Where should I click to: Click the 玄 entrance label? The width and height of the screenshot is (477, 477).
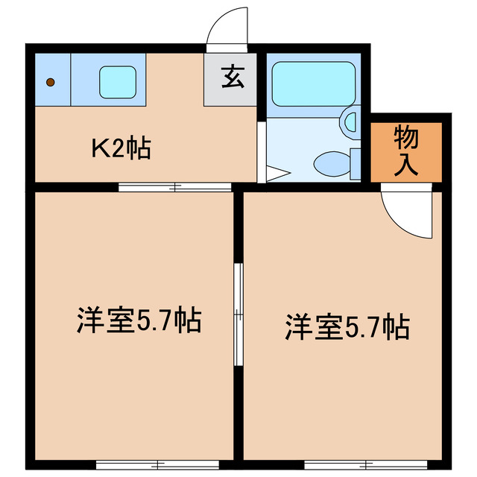pos(231,78)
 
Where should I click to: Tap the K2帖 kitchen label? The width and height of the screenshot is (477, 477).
pos(121,148)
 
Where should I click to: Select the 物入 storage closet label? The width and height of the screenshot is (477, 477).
pos(406,151)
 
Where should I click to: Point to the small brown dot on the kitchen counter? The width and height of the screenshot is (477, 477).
pos(50,82)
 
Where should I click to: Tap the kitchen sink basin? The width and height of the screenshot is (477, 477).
pos(117,80)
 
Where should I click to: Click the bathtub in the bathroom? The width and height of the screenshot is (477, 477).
pos(313,83)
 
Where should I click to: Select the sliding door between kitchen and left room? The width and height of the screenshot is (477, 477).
pos(176,186)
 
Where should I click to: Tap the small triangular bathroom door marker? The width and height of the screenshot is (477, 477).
pos(276,174)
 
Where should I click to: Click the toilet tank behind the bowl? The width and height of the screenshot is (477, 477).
pos(356,162)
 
